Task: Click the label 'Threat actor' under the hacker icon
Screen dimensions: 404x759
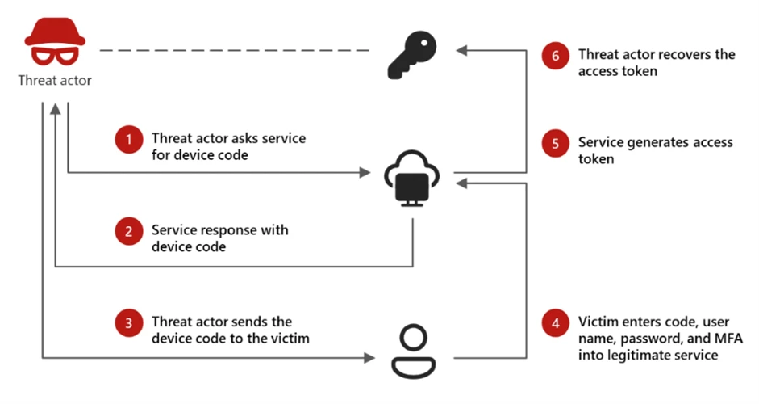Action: click(x=54, y=80)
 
